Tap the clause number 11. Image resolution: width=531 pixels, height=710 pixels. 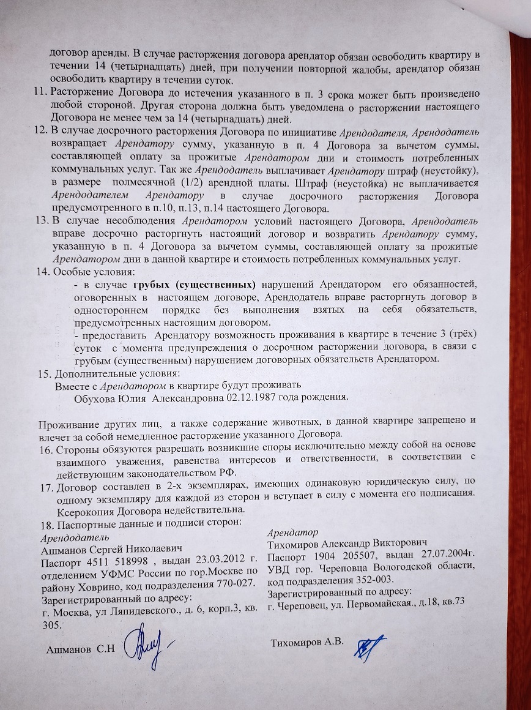(x=41, y=94)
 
